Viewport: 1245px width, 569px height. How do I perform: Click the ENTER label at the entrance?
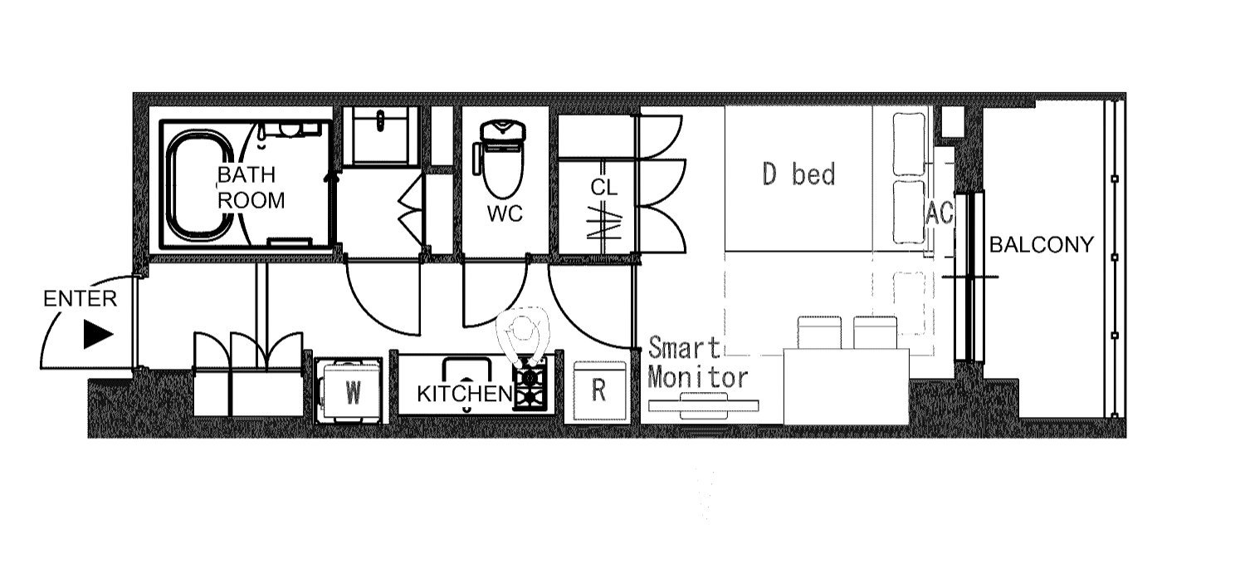[80, 299]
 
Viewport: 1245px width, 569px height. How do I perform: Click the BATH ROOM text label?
[251, 188]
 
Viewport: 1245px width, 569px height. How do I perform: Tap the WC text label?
[505, 213]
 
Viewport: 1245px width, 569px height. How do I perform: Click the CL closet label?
[603, 188]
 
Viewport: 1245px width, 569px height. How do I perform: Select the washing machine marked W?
[349, 391]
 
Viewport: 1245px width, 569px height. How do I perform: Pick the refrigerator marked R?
[599, 390]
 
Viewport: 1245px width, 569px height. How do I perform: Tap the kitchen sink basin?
[466, 370]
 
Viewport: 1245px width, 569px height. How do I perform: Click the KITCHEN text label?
[465, 395]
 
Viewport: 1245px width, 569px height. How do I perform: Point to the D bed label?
[798, 174]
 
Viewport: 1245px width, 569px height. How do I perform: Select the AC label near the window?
[940, 213]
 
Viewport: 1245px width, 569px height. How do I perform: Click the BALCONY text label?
[1042, 245]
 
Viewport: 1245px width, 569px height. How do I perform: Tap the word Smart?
[684, 348]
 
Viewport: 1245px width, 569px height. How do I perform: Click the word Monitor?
[697, 378]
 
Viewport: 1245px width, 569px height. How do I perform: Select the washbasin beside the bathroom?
[381, 136]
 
